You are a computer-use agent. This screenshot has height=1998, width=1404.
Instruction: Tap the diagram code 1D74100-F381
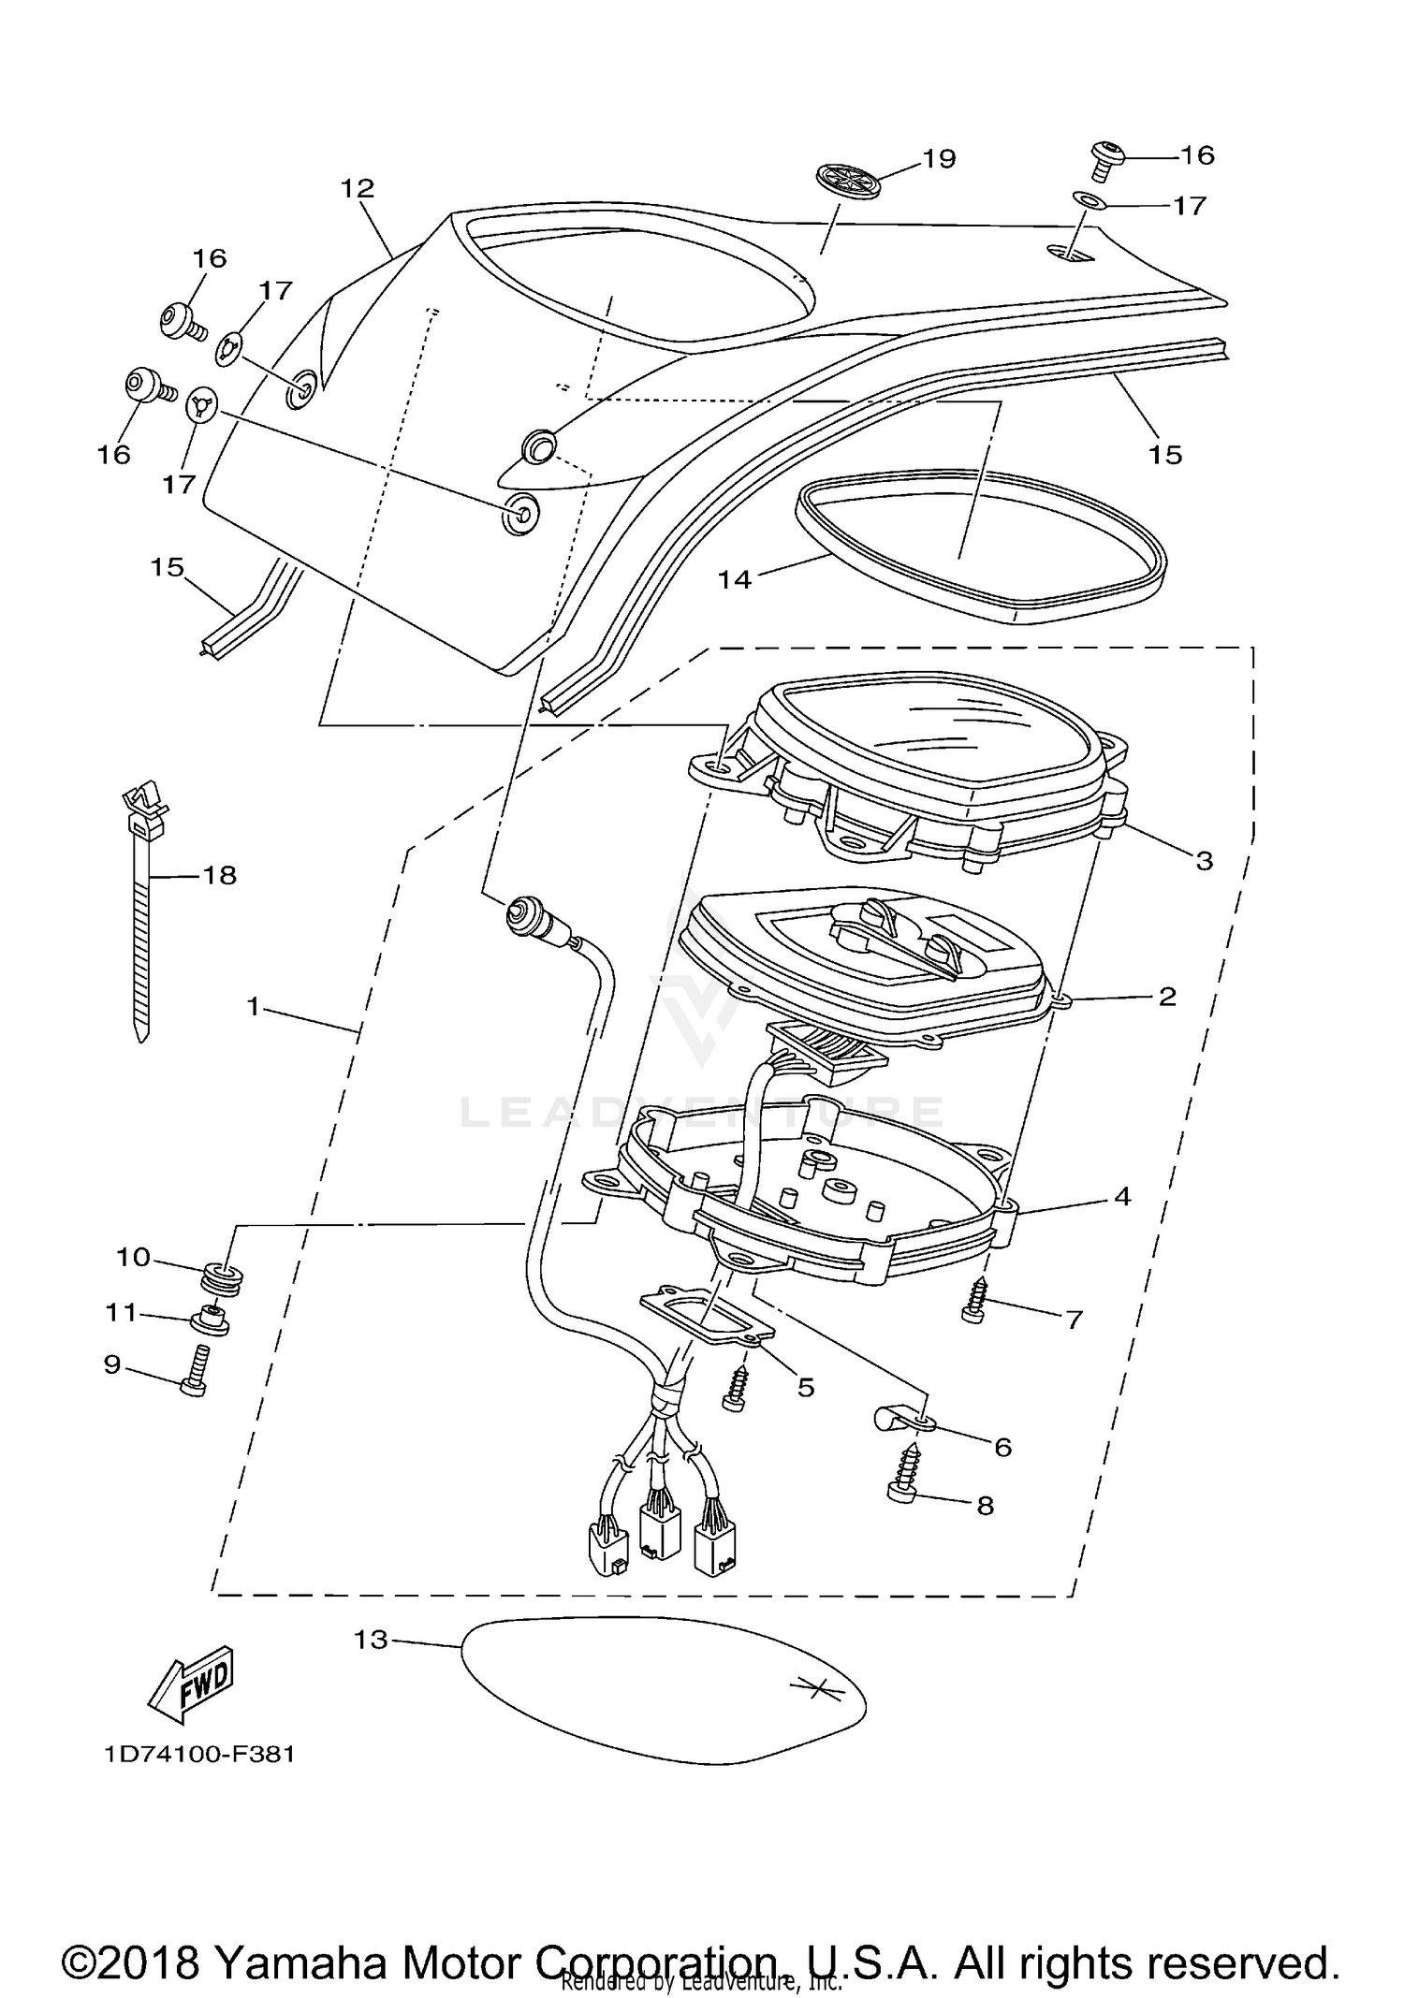point(199,1754)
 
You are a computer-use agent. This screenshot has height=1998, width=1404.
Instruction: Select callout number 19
point(939,159)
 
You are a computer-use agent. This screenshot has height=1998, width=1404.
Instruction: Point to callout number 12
point(358,189)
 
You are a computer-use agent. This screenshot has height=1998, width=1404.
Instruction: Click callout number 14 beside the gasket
point(735,580)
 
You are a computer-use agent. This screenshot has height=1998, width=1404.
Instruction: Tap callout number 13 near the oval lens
point(371,1641)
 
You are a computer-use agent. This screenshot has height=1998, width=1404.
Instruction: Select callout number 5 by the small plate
point(806,1387)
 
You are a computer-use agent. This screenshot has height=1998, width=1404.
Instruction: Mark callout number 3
point(1204,860)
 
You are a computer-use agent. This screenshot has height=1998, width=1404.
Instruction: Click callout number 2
point(1166,997)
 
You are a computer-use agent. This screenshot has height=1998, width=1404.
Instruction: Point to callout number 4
point(1122,1196)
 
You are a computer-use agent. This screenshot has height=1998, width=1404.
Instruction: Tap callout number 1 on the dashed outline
point(253,1007)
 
